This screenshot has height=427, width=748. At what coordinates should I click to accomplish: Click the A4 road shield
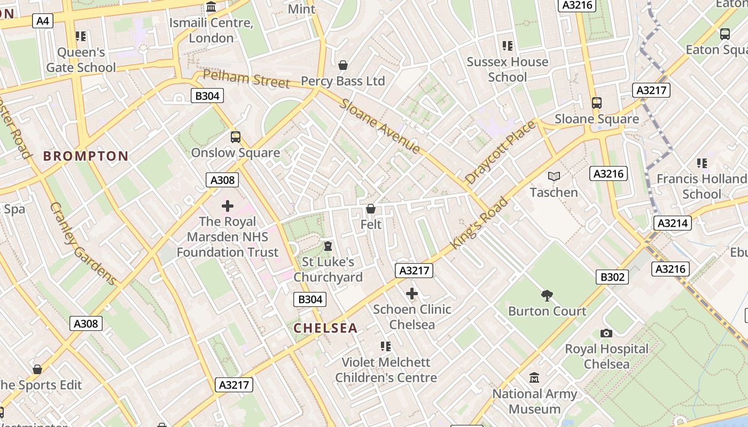coord(43,21)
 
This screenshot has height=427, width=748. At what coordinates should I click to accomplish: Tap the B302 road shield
coord(612,276)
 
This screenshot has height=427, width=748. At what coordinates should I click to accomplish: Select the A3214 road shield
coord(673,223)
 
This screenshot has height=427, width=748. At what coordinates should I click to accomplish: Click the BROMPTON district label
coord(86,156)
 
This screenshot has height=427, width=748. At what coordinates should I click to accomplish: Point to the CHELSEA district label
coord(325,328)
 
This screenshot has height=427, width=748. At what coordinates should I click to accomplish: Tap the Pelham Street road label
coord(246,79)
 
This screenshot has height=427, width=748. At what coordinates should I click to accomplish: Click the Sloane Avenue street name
coord(379,126)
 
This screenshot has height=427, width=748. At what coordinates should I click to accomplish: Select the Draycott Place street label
coord(500,153)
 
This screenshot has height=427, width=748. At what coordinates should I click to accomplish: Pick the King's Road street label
coord(479,223)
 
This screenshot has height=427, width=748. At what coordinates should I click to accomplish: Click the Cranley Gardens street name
coord(83,243)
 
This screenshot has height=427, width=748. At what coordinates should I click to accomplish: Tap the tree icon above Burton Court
coord(547,295)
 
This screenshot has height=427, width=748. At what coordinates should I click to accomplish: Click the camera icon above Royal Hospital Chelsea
coord(606,333)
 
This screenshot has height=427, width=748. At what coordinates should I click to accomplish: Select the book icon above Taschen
coord(554,176)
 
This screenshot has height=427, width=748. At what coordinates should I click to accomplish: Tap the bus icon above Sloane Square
coord(596,103)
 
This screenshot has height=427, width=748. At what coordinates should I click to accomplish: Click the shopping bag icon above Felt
coord(371,209)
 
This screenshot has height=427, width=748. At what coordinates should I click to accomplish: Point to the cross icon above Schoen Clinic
coord(411,294)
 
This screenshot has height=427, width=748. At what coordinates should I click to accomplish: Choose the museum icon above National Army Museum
coord(534,378)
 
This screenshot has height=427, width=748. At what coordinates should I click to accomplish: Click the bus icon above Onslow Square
coord(236,137)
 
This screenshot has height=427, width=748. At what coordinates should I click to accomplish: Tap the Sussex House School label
coord(507,69)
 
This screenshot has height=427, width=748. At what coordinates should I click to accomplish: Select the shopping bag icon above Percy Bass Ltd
coord(343,65)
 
